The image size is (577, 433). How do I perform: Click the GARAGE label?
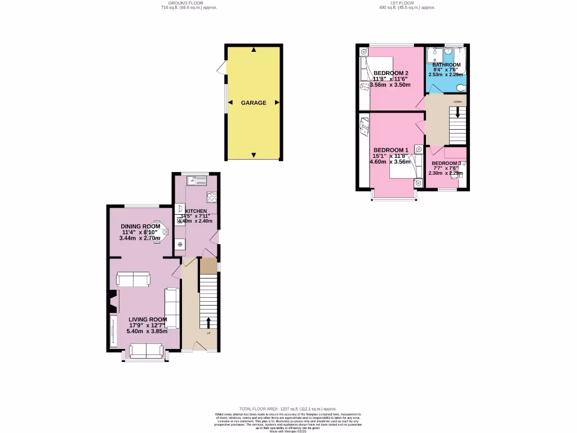point(254,103)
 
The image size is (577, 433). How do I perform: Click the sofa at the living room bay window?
point(146,351)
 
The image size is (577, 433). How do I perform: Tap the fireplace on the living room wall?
point(113,302)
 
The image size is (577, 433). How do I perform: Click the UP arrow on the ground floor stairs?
point(208,322)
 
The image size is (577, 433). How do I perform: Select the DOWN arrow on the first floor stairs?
point(458,111)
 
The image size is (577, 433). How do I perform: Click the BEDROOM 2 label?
point(391,73)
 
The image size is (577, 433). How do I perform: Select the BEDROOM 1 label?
point(390,149)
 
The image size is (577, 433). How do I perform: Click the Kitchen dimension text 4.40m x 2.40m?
point(196,221)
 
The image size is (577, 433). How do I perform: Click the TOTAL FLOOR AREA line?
point(288,409)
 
